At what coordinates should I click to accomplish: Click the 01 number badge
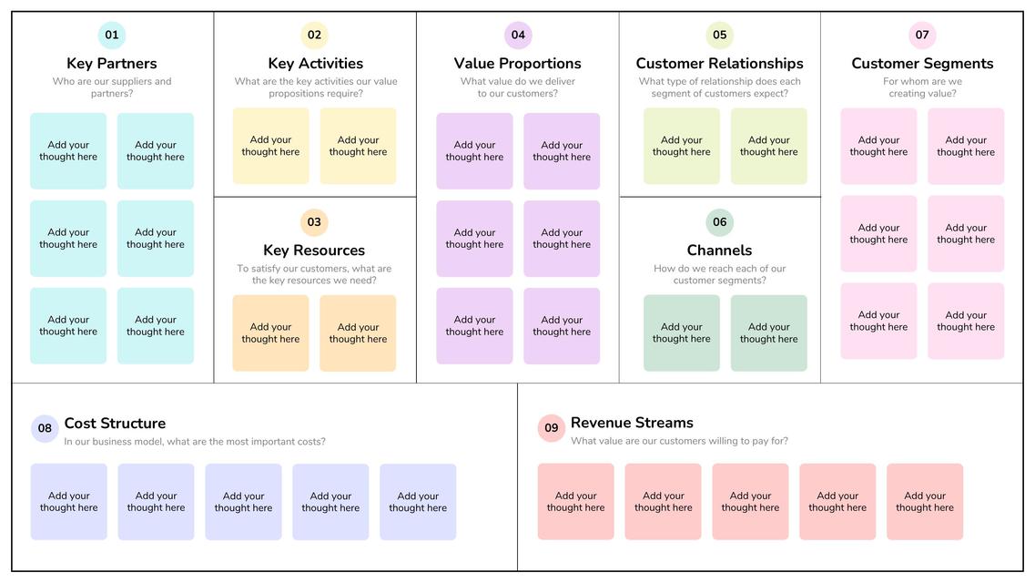[x=112, y=36]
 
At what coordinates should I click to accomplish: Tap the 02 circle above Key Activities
[x=314, y=36]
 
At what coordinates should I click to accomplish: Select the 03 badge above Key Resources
[x=314, y=222]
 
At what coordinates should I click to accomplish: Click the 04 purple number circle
[x=518, y=36]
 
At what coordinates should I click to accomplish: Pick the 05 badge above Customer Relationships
[x=720, y=36]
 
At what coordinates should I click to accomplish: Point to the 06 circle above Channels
[x=720, y=222]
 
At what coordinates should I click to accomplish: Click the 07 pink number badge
[x=922, y=36]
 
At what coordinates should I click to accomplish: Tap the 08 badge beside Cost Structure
[x=45, y=429]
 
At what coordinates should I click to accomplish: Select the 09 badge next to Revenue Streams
[x=552, y=428]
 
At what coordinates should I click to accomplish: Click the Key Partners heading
[x=112, y=64]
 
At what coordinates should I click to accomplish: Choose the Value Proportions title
[x=518, y=64]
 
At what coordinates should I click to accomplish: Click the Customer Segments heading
[x=922, y=64]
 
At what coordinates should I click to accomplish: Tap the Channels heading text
[x=719, y=251]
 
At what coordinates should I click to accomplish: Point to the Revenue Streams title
[x=632, y=423]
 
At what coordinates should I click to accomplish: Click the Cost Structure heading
[x=115, y=424]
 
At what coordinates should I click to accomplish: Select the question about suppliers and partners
[x=112, y=87]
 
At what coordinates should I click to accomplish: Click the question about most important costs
[x=195, y=442]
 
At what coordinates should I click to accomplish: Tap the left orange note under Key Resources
[x=270, y=333]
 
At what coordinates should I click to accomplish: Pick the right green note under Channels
[x=769, y=333]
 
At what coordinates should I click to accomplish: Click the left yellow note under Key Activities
[x=270, y=147]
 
